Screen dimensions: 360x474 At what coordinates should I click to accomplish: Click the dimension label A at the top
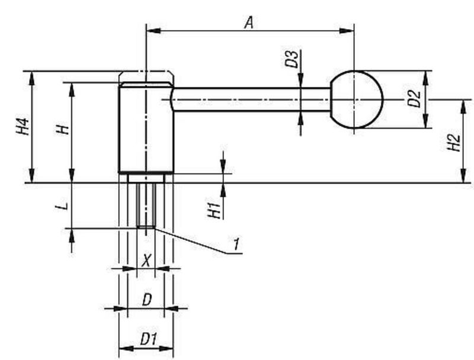tap(249, 22)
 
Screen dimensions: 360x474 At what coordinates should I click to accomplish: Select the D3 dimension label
tap(291, 59)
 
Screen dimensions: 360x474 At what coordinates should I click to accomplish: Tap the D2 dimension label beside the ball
tap(414, 99)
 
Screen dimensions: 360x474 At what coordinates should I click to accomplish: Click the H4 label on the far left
tap(23, 127)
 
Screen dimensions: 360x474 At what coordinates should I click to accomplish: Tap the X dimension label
tap(146, 259)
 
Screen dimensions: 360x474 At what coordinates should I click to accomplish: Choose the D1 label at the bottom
tap(148, 339)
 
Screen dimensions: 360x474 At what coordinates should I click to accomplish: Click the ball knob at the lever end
tap(355, 99)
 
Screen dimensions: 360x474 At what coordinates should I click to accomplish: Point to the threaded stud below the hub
tap(146, 204)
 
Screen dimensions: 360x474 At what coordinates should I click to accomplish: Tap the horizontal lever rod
tap(249, 99)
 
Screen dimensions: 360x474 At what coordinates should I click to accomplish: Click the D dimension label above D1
tap(147, 300)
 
